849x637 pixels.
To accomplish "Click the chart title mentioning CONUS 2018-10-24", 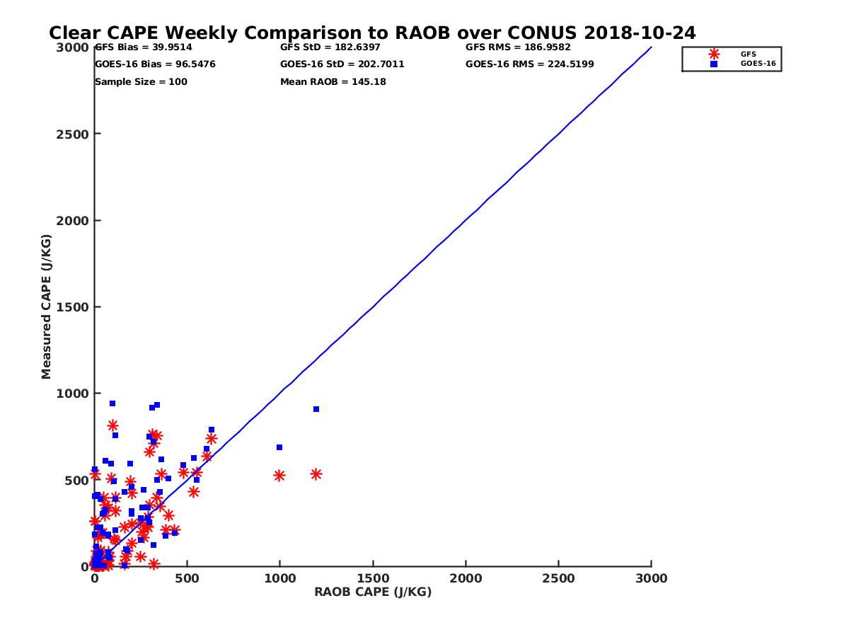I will coord(372,33).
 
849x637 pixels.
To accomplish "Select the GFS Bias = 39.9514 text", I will coord(144,47).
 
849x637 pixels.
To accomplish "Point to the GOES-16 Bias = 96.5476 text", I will coord(155,64).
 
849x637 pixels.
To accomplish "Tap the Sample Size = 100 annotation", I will coord(141,81).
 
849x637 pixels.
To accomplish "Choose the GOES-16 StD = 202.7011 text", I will coord(342,64).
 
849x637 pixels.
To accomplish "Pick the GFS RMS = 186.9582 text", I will coord(518,47).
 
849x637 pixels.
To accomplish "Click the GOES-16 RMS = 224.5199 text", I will coord(529,64).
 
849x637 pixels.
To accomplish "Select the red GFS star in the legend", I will coord(714,54).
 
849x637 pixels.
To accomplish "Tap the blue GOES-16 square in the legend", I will coord(714,64).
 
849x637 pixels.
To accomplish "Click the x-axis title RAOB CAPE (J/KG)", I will coord(373,592).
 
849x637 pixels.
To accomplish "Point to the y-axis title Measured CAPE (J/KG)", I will coord(47,306).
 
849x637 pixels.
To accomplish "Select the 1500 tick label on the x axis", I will coord(373,579).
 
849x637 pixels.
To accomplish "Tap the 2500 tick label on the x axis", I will coord(559,579).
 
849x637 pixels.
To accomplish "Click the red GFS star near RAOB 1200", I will coord(316,474).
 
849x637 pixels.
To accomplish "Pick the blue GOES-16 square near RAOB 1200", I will coord(316,409).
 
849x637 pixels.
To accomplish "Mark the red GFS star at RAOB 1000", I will coord(279,476).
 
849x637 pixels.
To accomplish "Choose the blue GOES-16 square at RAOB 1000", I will coord(279,447).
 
